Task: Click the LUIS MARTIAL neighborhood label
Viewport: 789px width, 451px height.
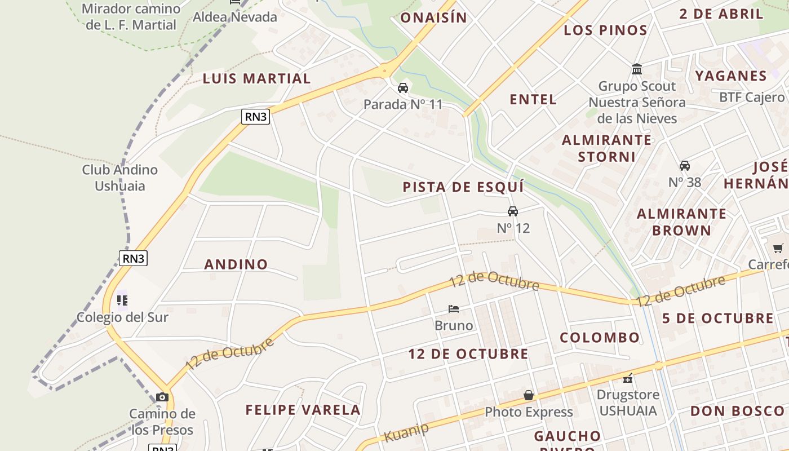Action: click(x=256, y=78)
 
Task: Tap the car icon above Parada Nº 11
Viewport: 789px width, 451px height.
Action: click(x=403, y=88)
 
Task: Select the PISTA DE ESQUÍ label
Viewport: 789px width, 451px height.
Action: click(x=463, y=187)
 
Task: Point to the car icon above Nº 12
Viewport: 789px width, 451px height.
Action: click(x=513, y=211)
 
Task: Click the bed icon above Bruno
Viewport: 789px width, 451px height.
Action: click(x=454, y=309)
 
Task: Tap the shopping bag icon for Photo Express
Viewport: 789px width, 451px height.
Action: click(x=529, y=395)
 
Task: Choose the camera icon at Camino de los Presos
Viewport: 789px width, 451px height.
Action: click(x=162, y=397)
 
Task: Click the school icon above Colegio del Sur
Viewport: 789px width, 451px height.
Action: click(x=122, y=300)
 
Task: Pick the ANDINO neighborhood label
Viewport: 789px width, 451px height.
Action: click(x=236, y=264)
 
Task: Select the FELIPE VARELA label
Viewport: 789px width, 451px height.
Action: click(x=303, y=410)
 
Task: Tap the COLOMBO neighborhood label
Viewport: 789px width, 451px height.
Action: click(x=600, y=338)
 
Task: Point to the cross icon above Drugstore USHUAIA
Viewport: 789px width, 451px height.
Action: click(x=628, y=378)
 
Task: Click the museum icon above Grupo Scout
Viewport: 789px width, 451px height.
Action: click(x=637, y=69)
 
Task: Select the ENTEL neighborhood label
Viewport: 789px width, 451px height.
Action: click(x=533, y=100)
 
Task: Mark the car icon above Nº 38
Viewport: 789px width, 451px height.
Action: click(x=685, y=166)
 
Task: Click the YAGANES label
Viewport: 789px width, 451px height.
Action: click(x=731, y=76)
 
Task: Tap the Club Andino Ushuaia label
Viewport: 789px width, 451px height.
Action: click(x=120, y=178)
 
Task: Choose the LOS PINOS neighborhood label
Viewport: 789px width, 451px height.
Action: click(x=606, y=30)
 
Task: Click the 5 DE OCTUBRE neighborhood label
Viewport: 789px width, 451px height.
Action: click(x=718, y=318)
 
